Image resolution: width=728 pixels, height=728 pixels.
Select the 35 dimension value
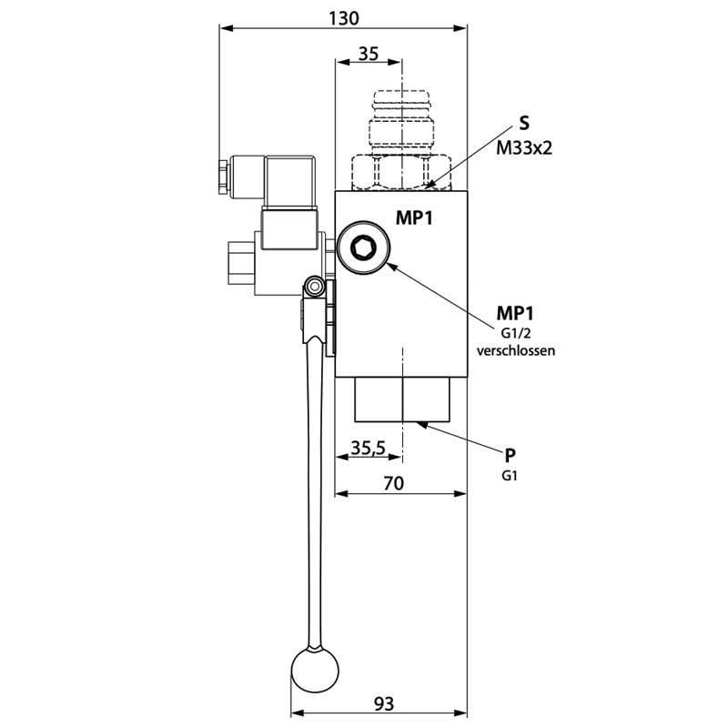click(x=368, y=54)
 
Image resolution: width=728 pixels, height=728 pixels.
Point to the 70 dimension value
click(x=393, y=483)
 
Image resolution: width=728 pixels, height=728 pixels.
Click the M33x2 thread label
click(x=525, y=147)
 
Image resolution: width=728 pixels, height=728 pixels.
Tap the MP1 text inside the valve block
click(x=413, y=218)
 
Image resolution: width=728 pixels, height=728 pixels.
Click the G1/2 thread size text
click(x=515, y=332)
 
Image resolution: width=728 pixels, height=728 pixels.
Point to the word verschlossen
click(x=515, y=349)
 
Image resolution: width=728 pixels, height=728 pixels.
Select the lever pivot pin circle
click(x=315, y=288)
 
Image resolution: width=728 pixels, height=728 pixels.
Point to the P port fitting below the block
click(x=401, y=400)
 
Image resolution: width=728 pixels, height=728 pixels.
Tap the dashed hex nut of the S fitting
click(x=401, y=170)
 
